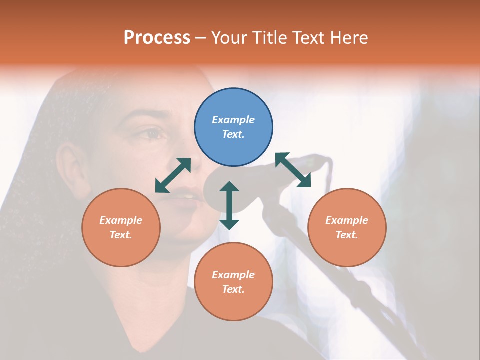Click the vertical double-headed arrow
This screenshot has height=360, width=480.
pos(229,205)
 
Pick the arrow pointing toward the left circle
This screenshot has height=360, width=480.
pos(173,175)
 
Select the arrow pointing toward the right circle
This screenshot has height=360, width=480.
pos(293,170)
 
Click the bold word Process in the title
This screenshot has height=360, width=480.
pos(157,38)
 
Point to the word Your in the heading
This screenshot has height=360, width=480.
pos(229,38)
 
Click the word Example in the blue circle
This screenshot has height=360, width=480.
pos(233,120)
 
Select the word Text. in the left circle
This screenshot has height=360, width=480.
pos(121,235)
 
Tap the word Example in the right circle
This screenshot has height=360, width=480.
pos(347,220)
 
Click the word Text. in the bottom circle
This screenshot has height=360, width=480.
pos(233,289)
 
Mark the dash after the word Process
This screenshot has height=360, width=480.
pos(200,38)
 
